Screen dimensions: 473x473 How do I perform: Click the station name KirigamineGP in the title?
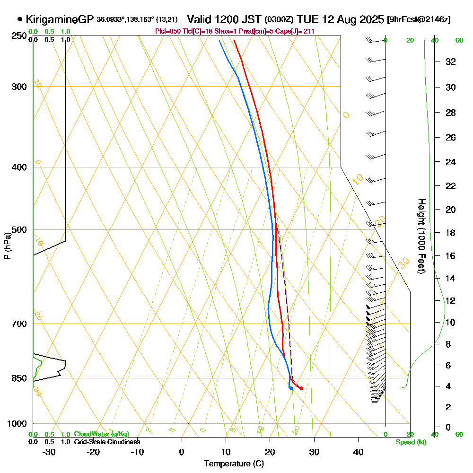point(60,19)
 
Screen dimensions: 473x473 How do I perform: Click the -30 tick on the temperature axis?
point(49,452)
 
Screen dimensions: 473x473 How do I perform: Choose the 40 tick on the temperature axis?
point(358,452)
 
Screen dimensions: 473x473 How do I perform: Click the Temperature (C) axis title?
point(234,464)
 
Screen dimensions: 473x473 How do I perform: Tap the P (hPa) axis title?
point(7,246)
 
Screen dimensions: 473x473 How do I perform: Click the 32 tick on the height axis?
point(451,61)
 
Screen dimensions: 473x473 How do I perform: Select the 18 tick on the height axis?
point(451,233)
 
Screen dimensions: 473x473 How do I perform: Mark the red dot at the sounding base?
point(301,388)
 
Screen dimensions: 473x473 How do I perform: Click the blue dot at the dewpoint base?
point(291,388)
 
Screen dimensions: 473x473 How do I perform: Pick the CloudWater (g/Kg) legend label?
point(101,434)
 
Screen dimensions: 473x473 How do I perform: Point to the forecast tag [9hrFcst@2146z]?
point(419,20)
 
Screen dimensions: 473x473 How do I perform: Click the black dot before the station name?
point(20,19)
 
